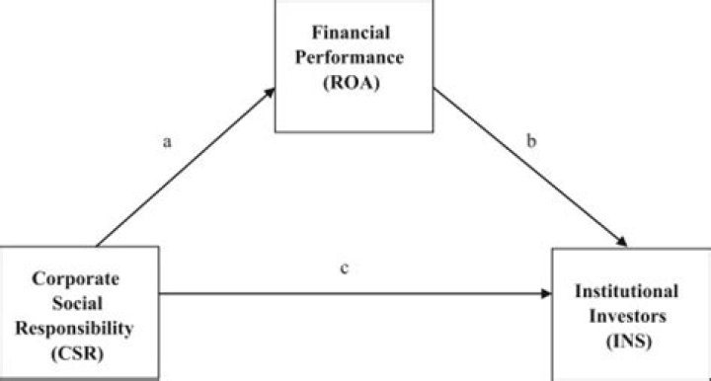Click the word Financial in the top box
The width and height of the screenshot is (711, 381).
click(x=351, y=33)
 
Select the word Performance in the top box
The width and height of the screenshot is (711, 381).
click(x=350, y=57)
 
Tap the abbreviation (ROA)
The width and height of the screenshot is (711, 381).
click(x=352, y=83)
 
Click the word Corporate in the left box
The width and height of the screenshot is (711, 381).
click(x=76, y=278)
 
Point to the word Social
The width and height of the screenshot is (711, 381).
click(x=77, y=303)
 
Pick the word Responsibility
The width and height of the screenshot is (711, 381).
click(x=75, y=329)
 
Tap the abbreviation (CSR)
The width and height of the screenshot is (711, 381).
click(x=77, y=353)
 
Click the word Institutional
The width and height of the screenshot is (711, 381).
click(x=627, y=291)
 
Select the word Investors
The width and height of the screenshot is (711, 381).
click(x=628, y=316)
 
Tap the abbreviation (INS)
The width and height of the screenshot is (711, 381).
click(x=629, y=341)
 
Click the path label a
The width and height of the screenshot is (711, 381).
click(x=167, y=142)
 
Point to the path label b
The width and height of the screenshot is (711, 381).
click(x=531, y=141)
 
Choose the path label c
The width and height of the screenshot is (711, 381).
click(x=345, y=268)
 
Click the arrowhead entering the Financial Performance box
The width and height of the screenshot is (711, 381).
click(x=271, y=92)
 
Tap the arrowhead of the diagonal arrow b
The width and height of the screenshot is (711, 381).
click(x=622, y=242)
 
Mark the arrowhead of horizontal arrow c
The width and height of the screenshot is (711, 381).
click(x=547, y=293)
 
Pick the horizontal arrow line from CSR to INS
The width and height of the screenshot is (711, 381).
click(x=355, y=293)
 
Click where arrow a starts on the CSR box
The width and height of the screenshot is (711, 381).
click(x=98, y=247)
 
